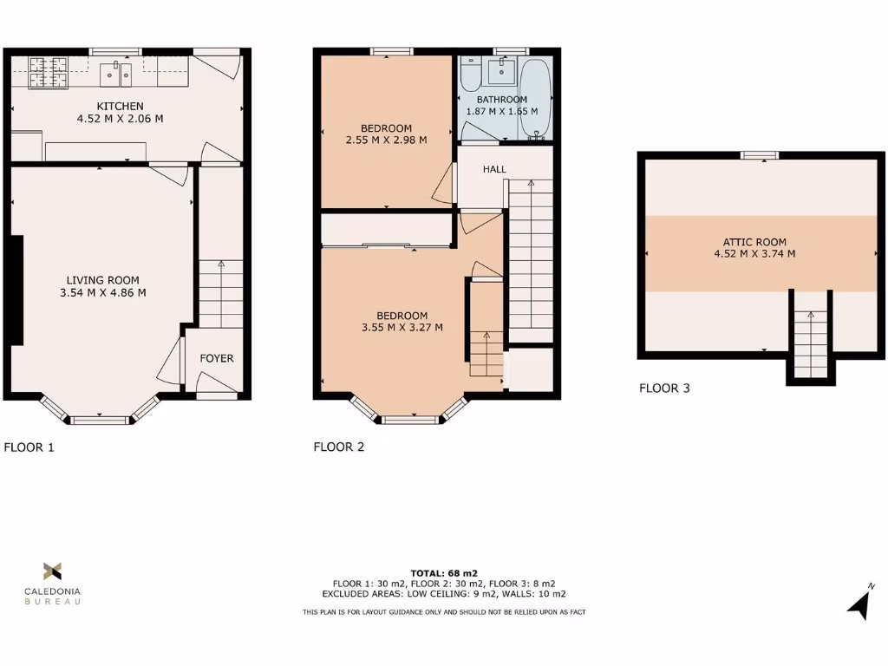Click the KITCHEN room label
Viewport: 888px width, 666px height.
[x=120, y=107]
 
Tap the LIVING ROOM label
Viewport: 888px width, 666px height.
[x=102, y=280]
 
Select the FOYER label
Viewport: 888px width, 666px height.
[x=217, y=358]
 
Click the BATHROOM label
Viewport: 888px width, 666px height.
[x=501, y=100]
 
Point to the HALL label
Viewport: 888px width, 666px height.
[x=494, y=169]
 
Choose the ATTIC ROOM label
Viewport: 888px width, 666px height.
[x=760, y=242]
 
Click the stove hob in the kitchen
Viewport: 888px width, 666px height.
[x=49, y=73]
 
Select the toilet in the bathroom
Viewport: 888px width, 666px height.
[x=471, y=75]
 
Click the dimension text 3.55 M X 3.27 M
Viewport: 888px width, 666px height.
[x=402, y=327]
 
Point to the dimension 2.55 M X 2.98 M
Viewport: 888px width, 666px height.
[x=386, y=140]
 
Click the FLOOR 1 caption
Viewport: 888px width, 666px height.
[x=29, y=447]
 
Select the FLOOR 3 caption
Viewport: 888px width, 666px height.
[x=664, y=388]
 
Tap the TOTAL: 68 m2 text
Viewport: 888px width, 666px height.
[x=443, y=573]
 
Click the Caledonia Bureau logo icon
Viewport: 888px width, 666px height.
[x=52, y=571]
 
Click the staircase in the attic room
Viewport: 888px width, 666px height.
[x=811, y=343]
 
